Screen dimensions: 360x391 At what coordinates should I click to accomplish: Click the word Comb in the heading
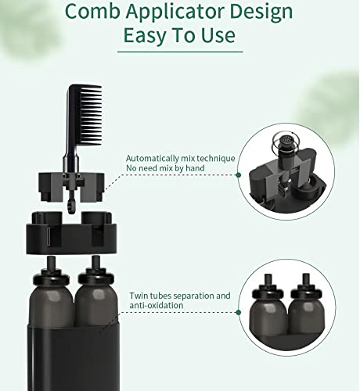[92, 12]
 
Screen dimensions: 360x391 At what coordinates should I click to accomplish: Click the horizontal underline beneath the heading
[180, 52]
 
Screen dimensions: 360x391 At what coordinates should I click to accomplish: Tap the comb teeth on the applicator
[91, 115]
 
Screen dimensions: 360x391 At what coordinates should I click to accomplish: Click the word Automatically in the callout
[153, 159]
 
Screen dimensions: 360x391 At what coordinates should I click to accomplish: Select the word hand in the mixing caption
[195, 168]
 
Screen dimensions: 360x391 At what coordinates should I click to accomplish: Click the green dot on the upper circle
[238, 175]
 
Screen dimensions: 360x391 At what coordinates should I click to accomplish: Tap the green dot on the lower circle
[238, 312]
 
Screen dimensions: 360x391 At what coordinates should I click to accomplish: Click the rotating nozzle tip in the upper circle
[286, 140]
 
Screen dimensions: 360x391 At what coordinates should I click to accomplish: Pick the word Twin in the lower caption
[138, 296]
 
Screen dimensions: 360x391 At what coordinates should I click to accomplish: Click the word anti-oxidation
[157, 305]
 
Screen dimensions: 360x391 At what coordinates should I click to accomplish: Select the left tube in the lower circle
[267, 307]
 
